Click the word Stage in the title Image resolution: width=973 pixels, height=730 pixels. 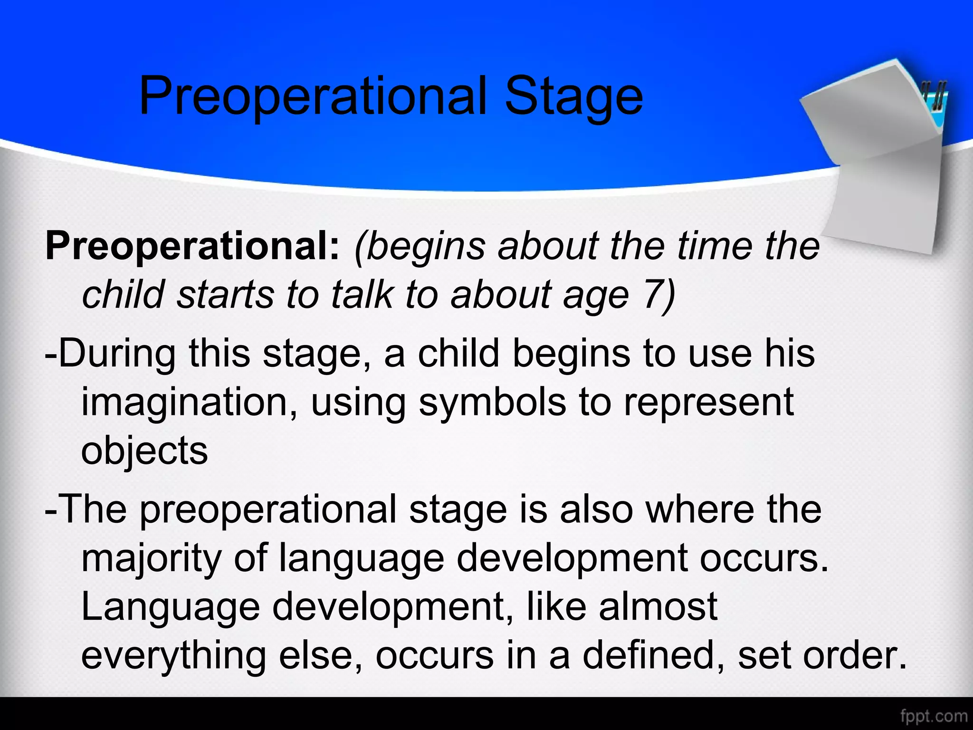click(573, 97)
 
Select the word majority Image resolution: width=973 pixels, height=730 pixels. click(151, 559)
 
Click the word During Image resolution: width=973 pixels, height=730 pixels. click(116, 354)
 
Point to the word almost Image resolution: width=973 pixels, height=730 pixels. click(658, 607)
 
